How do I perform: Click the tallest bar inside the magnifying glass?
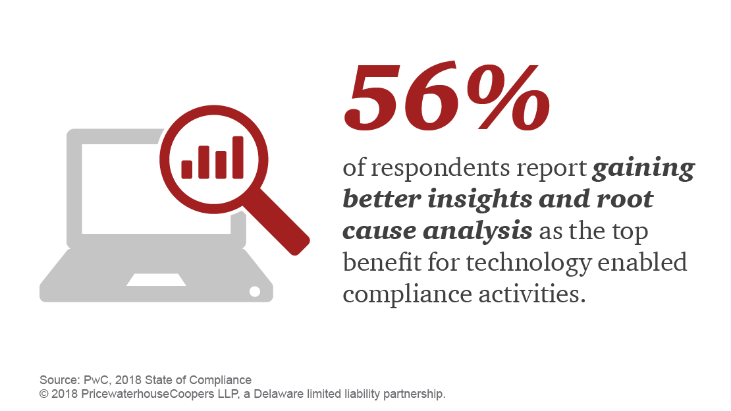click(x=238, y=157)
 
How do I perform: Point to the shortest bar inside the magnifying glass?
click(x=187, y=169)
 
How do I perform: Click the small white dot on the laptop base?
click(x=253, y=290)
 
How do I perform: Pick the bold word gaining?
click(x=643, y=169)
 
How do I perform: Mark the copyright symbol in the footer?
click(x=43, y=394)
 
